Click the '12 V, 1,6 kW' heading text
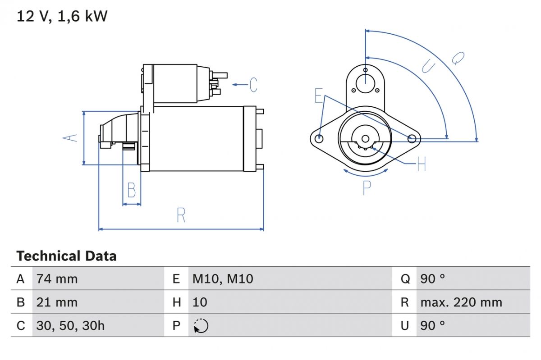[x=62, y=17]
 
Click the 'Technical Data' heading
[x=66, y=256]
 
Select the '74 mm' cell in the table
[x=57, y=279]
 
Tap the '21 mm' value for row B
[x=57, y=302]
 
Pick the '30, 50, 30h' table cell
[x=70, y=325]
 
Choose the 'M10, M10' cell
[x=223, y=279]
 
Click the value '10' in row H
[x=200, y=302]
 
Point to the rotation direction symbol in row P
[x=201, y=326]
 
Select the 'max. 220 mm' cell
[x=461, y=302]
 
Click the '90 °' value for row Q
[x=432, y=279]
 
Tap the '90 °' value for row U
[x=432, y=325]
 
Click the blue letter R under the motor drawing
[x=181, y=215]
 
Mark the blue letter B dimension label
[x=131, y=190]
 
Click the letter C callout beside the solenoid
[x=253, y=85]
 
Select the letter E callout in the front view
[x=319, y=96]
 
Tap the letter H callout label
[x=421, y=164]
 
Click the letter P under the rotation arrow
[x=367, y=187]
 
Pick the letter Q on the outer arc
[x=458, y=58]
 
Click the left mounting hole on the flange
[x=319, y=138]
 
